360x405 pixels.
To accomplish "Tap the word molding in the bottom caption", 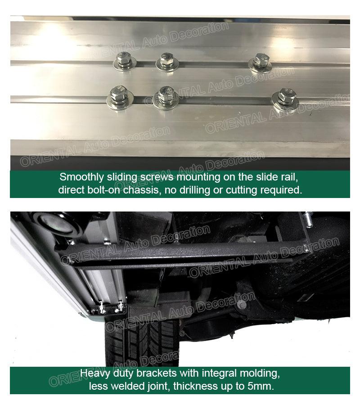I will (x=260, y=373).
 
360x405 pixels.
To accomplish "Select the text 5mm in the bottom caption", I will (x=260, y=386).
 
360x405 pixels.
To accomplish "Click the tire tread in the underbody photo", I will (x=135, y=342).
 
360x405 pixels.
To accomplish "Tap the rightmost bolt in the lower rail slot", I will (x=285, y=97).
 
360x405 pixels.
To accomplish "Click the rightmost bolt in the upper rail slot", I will (x=260, y=61).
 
